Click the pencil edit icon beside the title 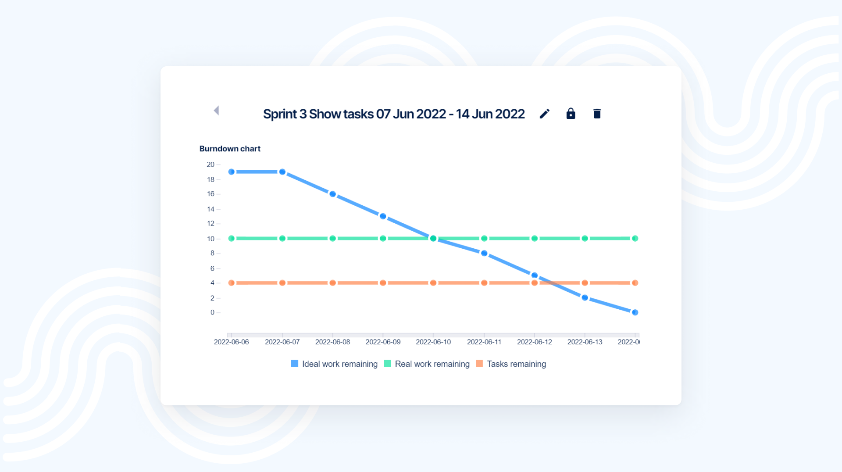pyautogui.click(x=544, y=114)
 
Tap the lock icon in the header pyautogui.click(x=571, y=114)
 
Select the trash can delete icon pyautogui.click(x=597, y=114)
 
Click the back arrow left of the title pyautogui.click(x=216, y=111)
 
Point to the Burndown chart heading pyautogui.click(x=230, y=149)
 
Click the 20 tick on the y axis pyautogui.click(x=210, y=164)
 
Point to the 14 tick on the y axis pyautogui.click(x=210, y=209)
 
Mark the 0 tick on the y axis pyautogui.click(x=212, y=312)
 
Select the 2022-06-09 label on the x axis pyautogui.click(x=383, y=342)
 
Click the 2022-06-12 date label pyautogui.click(x=534, y=342)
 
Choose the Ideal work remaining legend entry pyautogui.click(x=334, y=364)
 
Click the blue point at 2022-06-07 pyautogui.click(x=282, y=172)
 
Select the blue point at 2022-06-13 pyautogui.click(x=585, y=298)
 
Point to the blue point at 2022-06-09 pyautogui.click(x=383, y=216)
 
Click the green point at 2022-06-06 pyautogui.click(x=232, y=239)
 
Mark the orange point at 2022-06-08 pyautogui.click(x=333, y=283)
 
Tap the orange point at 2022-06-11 pyautogui.click(x=484, y=283)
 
